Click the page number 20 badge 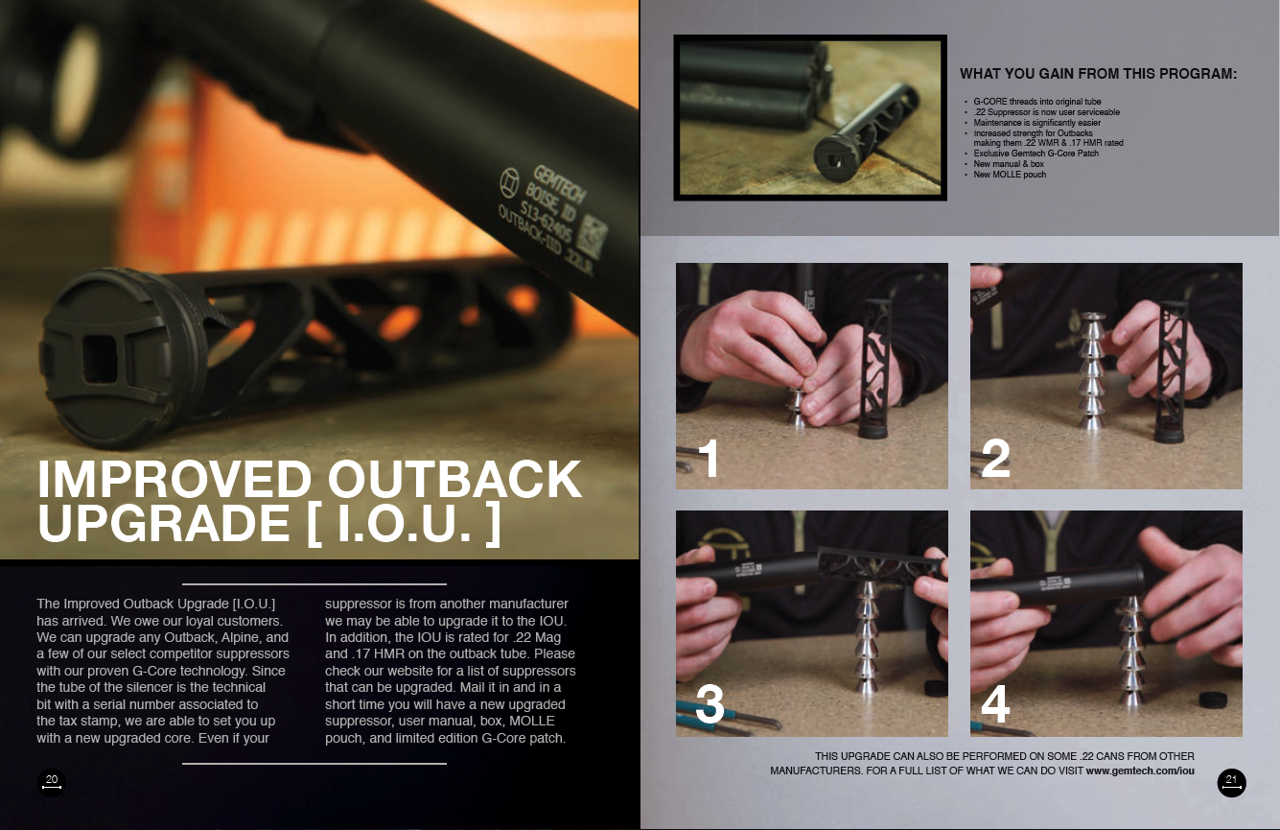(x=52, y=782)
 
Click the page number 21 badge (x=1231, y=783)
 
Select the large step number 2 (x=995, y=458)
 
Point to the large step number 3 (x=710, y=704)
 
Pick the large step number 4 (x=995, y=704)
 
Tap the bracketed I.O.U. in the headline (x=404, y=523)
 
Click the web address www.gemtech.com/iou (x=1140, y=771)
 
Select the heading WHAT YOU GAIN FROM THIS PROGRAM (x=1098, y=74)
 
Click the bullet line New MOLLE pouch (x=1010, y=175)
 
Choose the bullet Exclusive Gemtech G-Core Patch (x=1036, y=154)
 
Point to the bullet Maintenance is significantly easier (x=1037, y=123)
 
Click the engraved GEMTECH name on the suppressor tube (x=559, y=184)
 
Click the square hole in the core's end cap (x=101, y=359)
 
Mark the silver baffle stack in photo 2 (x=1091, y=370)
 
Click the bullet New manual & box (x=1009, y=163)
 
